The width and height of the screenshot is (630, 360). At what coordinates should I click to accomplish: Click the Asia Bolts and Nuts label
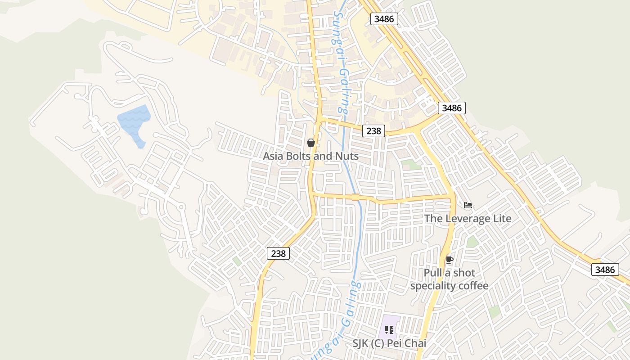pyautogui.click(x=310, y=156)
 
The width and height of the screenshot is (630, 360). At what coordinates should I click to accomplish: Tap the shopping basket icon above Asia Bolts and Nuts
pyautogui.click(x=310, y=143)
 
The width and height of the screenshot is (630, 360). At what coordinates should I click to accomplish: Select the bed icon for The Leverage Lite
pyautogui.click(x=468, y=205)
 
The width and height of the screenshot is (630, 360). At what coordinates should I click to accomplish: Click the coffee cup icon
pyautogui.click(x=449, y=259)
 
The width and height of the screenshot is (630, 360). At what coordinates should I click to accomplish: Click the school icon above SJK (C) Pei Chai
pyautogui.click(x=389, y=330)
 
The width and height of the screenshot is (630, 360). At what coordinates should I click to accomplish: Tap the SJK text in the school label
pyautogui.click(x=360, y=343)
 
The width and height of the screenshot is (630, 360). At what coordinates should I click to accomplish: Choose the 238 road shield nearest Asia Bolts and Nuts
pyautogui.click(x=373, y=131)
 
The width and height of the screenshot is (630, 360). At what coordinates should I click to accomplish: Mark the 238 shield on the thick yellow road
pyautogui.click(x=278, y=253)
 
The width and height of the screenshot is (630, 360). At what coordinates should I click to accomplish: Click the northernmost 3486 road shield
pyautogui.click(x=384, y=19)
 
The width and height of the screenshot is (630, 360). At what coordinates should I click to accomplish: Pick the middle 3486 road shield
pyautogui.click(x=451, y=108)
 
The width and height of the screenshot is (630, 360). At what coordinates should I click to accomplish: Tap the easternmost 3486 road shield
pyautogui.click(x=604, y=270)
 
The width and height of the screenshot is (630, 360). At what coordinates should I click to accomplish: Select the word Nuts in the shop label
pyautogui.click(x=347, y=156)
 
